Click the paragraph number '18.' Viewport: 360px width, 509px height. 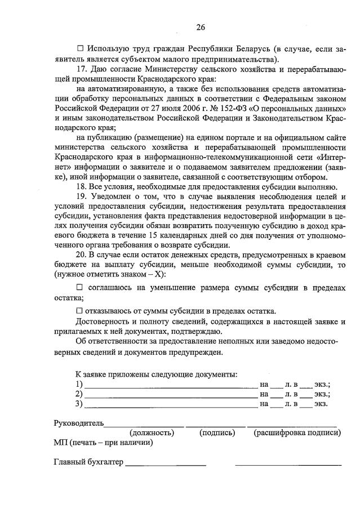coord(81,187)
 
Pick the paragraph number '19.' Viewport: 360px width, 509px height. coord(81,197)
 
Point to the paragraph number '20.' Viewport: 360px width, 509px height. coord(81,254)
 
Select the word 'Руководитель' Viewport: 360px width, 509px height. coord(78,422)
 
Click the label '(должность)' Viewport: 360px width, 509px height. coord(152,433)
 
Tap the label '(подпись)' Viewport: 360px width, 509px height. coord(217,433)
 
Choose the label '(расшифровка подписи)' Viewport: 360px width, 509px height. coord(297,433)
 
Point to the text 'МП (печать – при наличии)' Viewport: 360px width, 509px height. coord(103,443)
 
